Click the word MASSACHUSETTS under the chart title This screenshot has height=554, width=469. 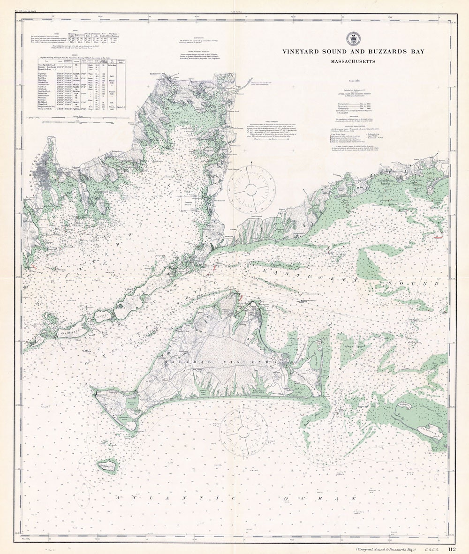coord(354,61)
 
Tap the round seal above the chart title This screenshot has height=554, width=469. coord(354,39)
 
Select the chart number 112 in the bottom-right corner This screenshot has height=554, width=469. coord(452,549)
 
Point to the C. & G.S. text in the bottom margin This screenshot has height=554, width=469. coord(432,549)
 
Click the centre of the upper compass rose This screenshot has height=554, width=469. coord(251,189)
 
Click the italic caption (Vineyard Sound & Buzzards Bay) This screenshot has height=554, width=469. coord(386,549)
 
